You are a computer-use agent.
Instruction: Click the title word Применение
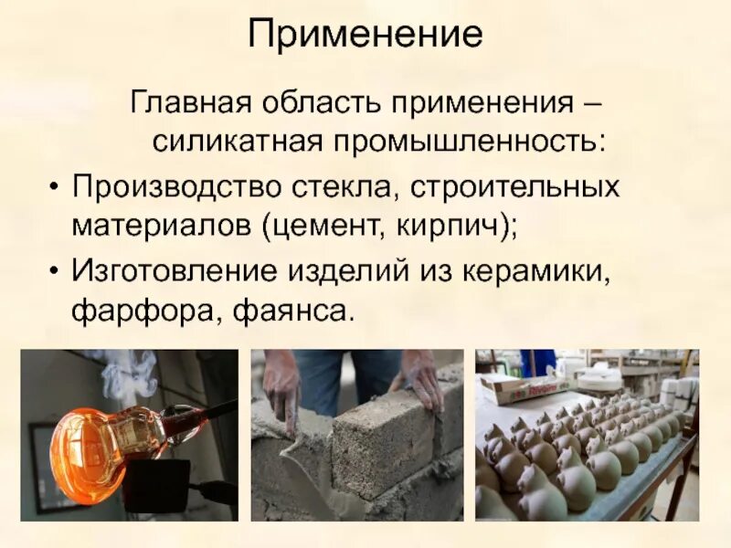(365, 34)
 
